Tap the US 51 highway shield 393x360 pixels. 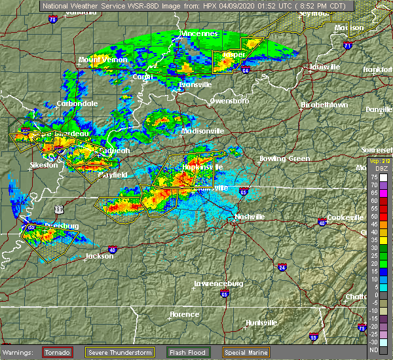click(59, 209)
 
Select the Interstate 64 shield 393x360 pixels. click(244, 70)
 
